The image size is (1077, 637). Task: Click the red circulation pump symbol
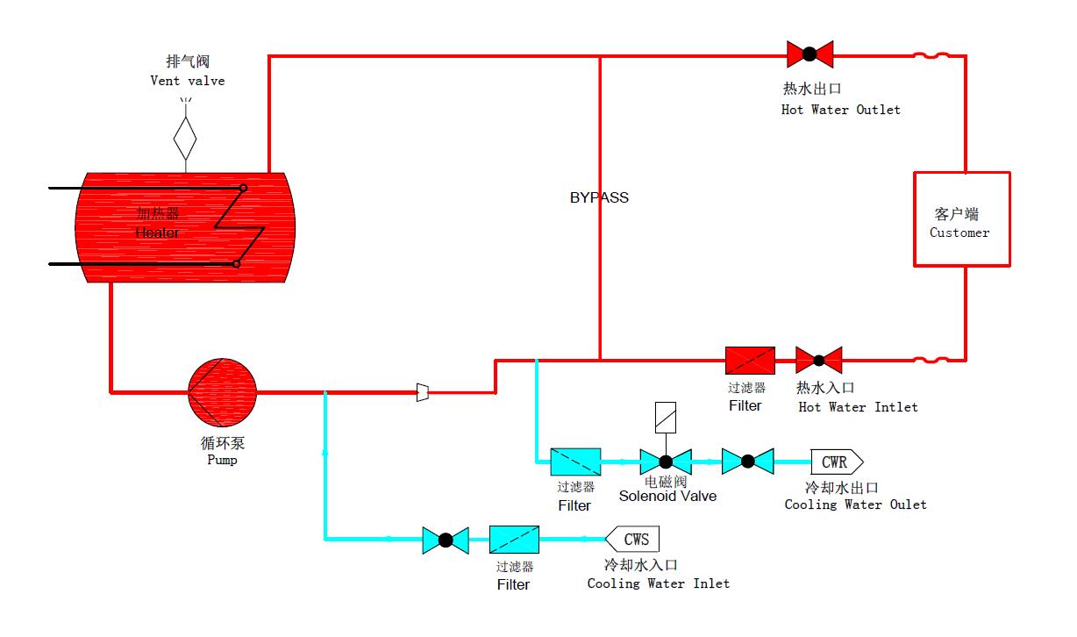pyautogui.click(x=223, y=391)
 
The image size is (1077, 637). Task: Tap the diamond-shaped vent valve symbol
pyautogui.click(x=185, y=137)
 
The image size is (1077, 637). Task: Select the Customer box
pyautogui.click(x=961, y=219)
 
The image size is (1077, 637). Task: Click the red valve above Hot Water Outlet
pyautogui.click(x=810, y=54)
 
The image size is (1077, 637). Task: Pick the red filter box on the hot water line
pyautogui.click(x=750, y=360)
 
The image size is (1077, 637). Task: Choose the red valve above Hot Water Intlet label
pyautogui.click(x=818, y=360)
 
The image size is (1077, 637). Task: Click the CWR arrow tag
pyautogui.click(x=837, y=461)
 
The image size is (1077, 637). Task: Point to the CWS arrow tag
pyautogui.click(x=633, y=539)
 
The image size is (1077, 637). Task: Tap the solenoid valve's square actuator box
pyautogui.click(x=666, y=418)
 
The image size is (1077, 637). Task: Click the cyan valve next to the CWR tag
pyautogui.click(x=747, y=461)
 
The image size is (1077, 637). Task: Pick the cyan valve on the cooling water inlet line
pyautogui.click(x=446, y=540)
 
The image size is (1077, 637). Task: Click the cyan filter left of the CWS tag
pyautogui.click(x=514, y=539)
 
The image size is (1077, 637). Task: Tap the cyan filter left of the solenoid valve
pyautogui.click(x=575, y=462)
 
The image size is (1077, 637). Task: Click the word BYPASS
pyautogui.click(x=599, y=197)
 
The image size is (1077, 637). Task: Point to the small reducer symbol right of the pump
pyautogui.click(x=423, y=392)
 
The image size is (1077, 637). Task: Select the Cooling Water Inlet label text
pyautogui.click(x=658, y=583)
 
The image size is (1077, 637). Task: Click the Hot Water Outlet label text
pyautogui.click(x=840, y=110)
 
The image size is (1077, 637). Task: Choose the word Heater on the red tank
pyautogui.click(x=157, y=233)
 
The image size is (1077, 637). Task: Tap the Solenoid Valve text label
pyautogui.click(x=667, y=496)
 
